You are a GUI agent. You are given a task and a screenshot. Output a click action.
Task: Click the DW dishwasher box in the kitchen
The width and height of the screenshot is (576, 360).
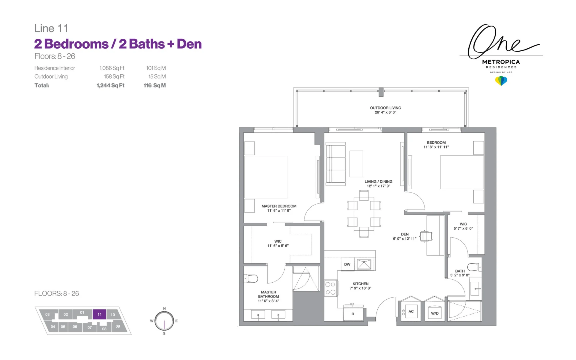pyautogui.click(x=347, y=264)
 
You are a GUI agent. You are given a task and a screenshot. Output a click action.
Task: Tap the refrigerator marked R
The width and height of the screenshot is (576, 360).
pyautogui.click(x=353, y=314)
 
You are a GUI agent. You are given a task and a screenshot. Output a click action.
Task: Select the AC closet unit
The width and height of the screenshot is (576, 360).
pyautogui.click(x=411, y=312)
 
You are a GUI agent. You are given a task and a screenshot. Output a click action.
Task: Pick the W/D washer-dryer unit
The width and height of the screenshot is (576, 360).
pyautogui.click(x=435, y=313)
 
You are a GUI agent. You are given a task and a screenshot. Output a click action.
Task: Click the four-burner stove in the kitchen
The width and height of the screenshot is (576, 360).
pyautogui.click(x=331, y=288)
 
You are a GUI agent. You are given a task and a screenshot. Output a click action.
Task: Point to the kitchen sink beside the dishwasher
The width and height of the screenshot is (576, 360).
pyautogui.click(x=364, y=264)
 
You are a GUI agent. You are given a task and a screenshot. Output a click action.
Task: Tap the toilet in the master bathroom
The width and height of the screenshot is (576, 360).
pyautogui.click(x=251, y=279)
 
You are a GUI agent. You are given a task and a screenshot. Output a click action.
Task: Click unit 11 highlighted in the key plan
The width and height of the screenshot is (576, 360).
pyautogui.click(x=99, y=314)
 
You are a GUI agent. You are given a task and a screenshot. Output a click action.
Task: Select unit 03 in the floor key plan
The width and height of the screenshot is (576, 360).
pyautogui.click(x=47, y=314)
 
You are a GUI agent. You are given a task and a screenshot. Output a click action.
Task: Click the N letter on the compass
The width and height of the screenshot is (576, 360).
pyautogui.click(x=164, y=308)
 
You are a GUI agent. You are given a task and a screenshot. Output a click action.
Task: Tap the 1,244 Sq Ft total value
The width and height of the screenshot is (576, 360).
pyautogui.click(x=110, y=85)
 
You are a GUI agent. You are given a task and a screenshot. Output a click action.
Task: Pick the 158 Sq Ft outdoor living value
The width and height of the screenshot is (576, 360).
pyautogui.click(x=114, y=76)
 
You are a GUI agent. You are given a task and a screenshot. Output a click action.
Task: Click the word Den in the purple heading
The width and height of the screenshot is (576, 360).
pyautogui.click(x=189, y=44)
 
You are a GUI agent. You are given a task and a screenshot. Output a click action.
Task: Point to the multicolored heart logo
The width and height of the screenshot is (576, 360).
pyautogui.click(x=501, y=81)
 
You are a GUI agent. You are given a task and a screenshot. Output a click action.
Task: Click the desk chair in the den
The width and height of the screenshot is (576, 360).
pyautogui.click(x=426, y=236)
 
